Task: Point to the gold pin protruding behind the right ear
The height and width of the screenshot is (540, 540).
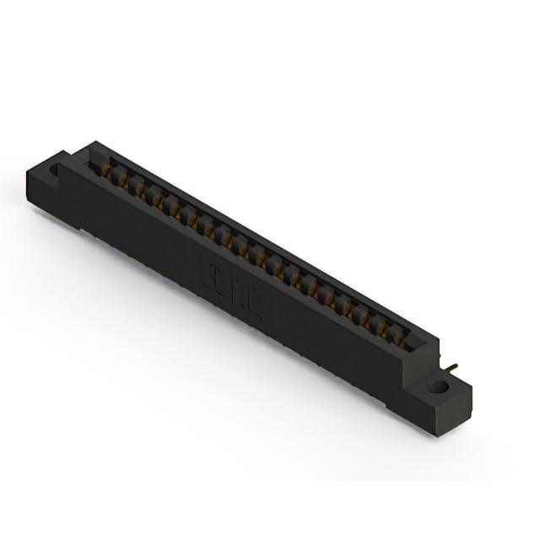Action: coord(454,368)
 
